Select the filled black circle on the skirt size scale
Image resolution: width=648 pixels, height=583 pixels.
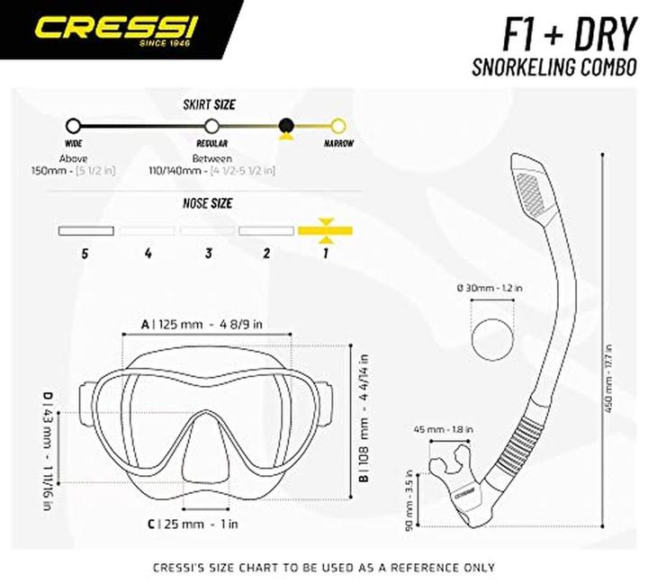[286, 126]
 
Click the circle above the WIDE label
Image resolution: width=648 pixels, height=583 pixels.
[74, 126]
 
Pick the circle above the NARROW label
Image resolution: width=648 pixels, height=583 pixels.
[338, 126]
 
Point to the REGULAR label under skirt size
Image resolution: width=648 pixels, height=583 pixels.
[211, 143]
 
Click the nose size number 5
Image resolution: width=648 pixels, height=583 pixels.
[85, 254]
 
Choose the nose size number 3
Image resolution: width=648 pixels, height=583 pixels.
[208, 254]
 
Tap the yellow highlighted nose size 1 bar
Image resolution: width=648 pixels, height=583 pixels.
[325, 231]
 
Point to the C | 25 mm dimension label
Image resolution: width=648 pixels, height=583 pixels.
[192, 523]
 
